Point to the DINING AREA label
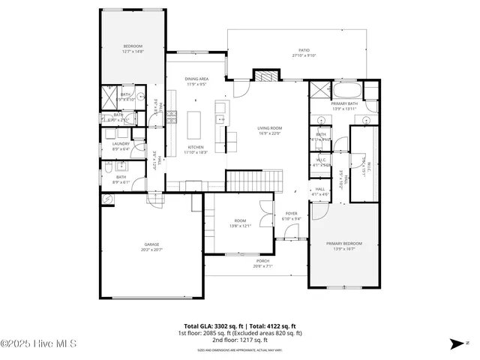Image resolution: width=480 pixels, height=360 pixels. click(196, 78)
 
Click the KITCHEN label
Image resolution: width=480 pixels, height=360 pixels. click(196, 147)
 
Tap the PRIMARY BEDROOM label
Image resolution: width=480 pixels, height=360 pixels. click(343, 244)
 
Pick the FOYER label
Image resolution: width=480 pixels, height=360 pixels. click(292, 214)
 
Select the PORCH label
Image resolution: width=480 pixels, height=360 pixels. click(262, 261)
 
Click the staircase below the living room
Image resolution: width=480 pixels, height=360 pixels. click(254, 181)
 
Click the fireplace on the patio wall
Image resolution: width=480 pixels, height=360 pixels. click(263, 74)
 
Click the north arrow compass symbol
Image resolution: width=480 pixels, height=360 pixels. click(455, 344)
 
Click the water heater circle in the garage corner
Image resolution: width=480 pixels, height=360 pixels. click(108, 199)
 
